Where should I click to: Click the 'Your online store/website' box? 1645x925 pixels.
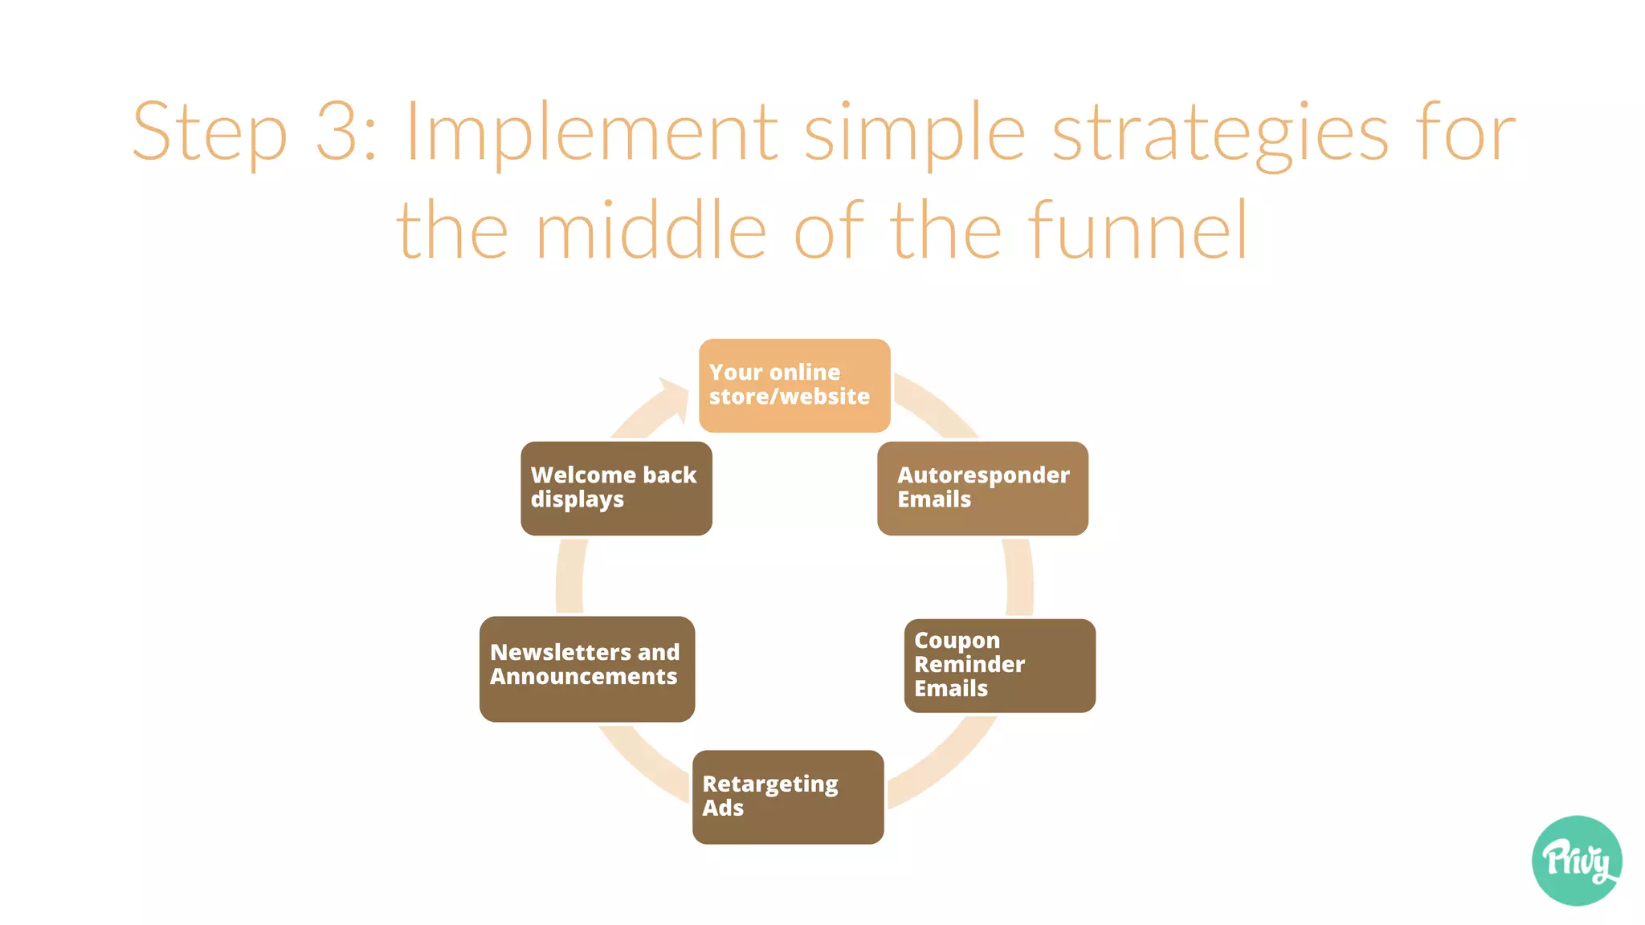point(794,385)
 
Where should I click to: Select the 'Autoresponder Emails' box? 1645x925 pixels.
point(982,488)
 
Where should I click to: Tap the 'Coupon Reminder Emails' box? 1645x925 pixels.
point(999,666)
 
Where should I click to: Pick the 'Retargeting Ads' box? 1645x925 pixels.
point(787,797)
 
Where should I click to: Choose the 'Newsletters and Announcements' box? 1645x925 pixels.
point(586,669)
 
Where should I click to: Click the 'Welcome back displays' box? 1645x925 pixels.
point(616,488)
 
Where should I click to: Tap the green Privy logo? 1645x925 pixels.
point(1576,861)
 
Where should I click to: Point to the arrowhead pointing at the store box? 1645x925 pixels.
point(673,398)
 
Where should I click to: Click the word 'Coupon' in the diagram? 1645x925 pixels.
point(957,641)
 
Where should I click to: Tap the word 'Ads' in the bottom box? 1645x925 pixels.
point(723,808)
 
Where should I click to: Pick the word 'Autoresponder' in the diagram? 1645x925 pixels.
point(983,475)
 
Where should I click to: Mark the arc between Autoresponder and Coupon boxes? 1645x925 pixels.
point(1019,577)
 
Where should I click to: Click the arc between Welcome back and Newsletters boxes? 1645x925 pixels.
point(569,577)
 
